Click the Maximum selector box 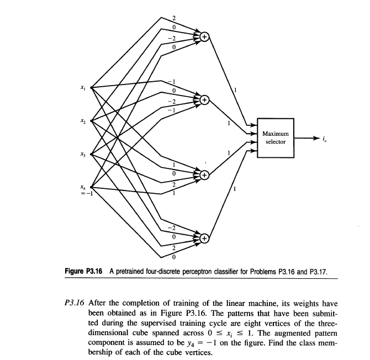[274, 137]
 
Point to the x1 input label [82, 87]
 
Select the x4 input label [82, 186]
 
